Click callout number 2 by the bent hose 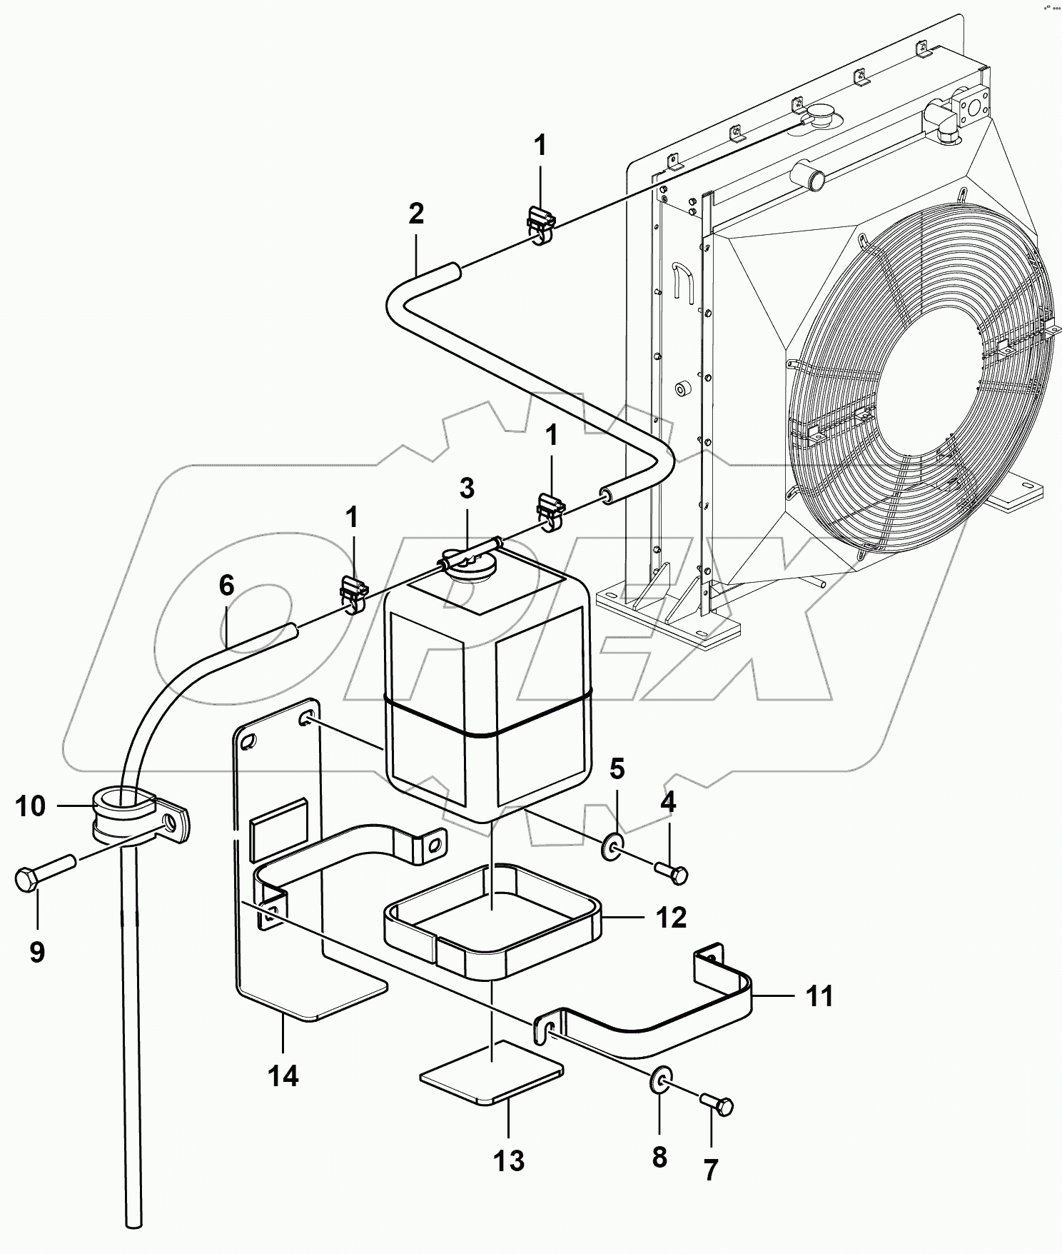pos(416,213)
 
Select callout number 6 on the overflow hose pos(226,586)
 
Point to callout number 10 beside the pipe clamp pos(30,806)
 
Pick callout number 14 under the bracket pos(283,1075)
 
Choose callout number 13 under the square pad pos(509,1161)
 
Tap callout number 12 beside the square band pos(672,917)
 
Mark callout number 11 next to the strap pos(819,996)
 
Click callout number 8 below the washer pos(659,1157)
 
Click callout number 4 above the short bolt pos(668,803)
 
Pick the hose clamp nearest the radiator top pos(542,225)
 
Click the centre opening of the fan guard pos(921,386)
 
